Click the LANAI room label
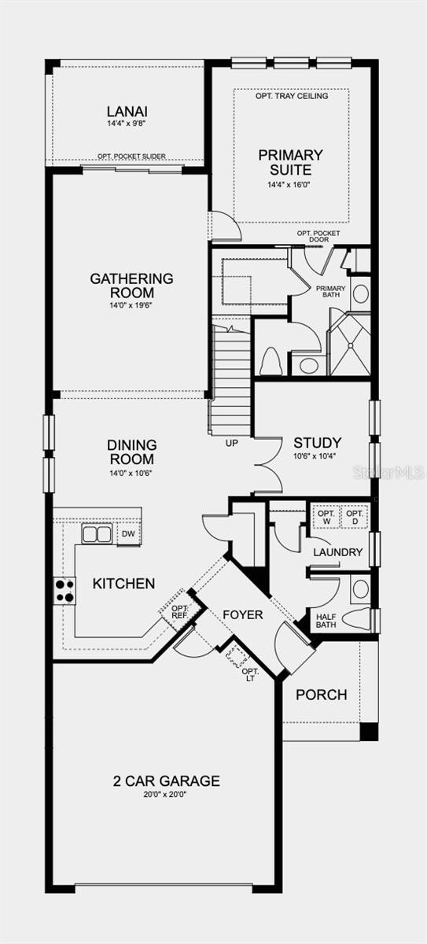tap(127, 112)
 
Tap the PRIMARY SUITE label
tap(290, 162)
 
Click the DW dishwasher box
tap(128, 534)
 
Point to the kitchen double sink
tap(97, 534)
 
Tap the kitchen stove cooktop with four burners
tap(64, 591)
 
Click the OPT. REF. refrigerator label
tap(180, 612)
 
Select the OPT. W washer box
tap(326, 518)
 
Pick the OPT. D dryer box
tap(355, 518)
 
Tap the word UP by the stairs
tap(232, 443)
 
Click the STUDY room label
tap(318, 443)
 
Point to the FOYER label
tap(242, 615)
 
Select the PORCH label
tap(322, 695)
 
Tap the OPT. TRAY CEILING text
tap(292, 96)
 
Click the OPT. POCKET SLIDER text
tap(131, 156)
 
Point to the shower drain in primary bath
tap(350, 345)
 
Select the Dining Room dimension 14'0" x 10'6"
tap(131, 473)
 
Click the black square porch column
tap(369, 732)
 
